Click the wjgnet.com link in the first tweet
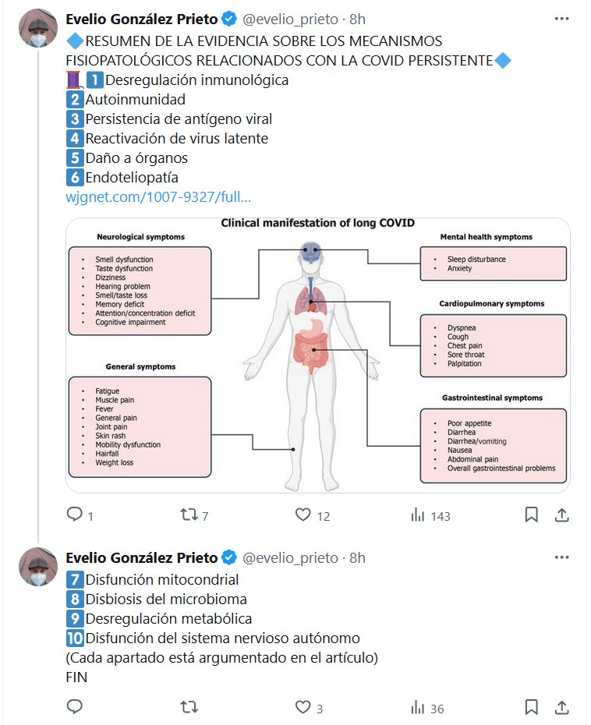(x=159, y=198)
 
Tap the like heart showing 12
(x=304, y=515)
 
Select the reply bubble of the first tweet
(x=75, y=515)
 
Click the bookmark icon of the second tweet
(x=531, y=707)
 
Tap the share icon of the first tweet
(x=561, y=515)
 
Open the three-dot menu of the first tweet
(x=561, y=17)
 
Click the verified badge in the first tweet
(x=230, y=18)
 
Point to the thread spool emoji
(x=75, y=80)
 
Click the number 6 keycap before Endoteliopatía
(x=75, y=178)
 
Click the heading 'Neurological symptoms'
(x=140, y=236)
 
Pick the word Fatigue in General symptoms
(x=107, y=391)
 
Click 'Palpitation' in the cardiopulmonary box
(x=464, y=363)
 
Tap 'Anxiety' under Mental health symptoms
(x=460, y=268)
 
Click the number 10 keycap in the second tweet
(x=75, y=638)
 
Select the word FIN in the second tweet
(x=77, y=677)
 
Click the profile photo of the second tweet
(x=38, y=566)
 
